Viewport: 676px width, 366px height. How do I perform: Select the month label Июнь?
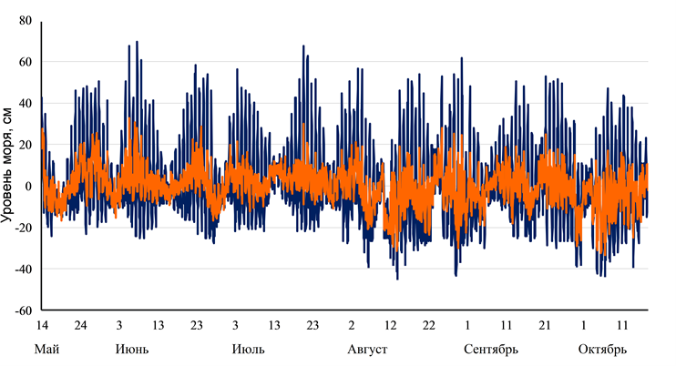(x=133, y=350)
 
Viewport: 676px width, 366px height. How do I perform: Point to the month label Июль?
(x=249, y=350)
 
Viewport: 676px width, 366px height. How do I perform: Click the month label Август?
(x=368, y=350)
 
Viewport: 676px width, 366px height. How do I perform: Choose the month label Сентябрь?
(x=491, y=350)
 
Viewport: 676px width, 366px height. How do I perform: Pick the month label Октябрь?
(x=602, y=350)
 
